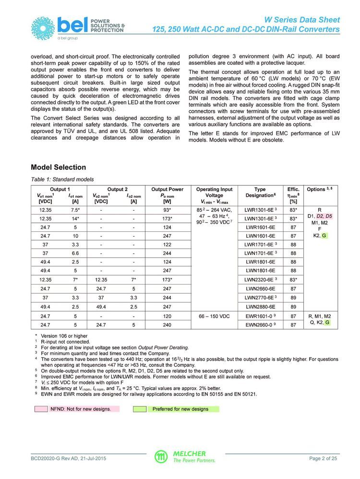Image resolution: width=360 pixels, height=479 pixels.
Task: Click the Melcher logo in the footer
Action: tap(180, 456)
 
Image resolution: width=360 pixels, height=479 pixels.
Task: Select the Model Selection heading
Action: tap(59, 168)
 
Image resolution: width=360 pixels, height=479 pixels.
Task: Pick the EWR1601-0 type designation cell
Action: tap(260, 316)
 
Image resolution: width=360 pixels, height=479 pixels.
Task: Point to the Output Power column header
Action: tap(167, 195)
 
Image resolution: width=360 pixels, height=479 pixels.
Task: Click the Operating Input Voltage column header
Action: tap(214, 195)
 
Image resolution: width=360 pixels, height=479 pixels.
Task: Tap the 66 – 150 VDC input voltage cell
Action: tap(214, 316)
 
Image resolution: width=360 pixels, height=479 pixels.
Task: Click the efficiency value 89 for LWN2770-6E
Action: tap(293, 298)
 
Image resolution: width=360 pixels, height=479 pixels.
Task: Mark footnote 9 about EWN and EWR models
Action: tap(149, 395)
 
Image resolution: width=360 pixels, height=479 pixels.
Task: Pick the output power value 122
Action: tap(167, 245)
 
